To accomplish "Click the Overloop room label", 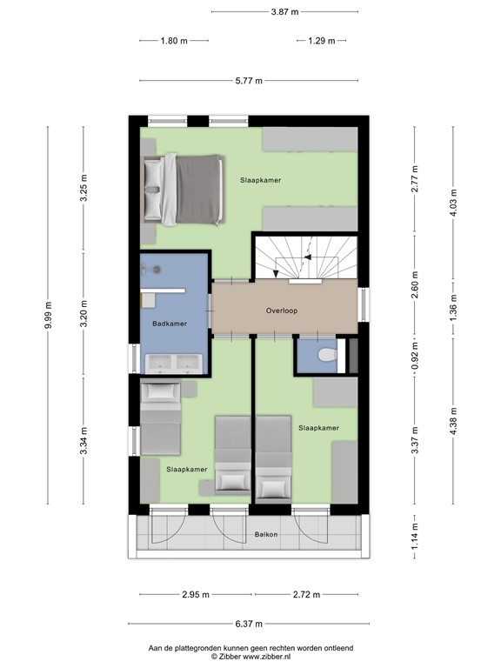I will pyautogui.click(x=284, y=310).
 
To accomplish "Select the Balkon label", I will pyautogui.click(x=266, y=534).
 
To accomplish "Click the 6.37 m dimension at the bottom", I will pyautogui.click(x=250, y=624).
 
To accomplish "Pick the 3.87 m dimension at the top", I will pyautogui.click(x=284, y=12).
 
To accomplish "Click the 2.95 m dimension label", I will pyautogui.click(x=196, y=595).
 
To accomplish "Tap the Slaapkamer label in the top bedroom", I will pyautogui.click(x=261, y=179).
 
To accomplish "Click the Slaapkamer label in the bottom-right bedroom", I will pyautogui.click(x=318, y=428).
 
